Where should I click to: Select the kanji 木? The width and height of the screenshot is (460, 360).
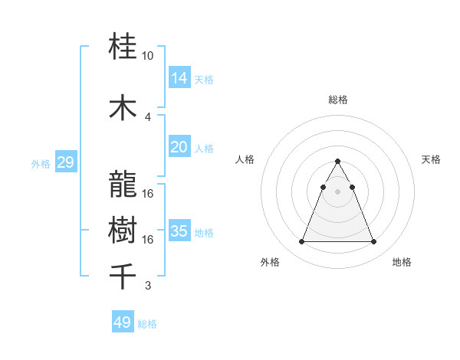[123, 108]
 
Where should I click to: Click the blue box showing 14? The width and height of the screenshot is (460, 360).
[179, 78]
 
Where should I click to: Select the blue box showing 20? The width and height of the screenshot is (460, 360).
[179, 147]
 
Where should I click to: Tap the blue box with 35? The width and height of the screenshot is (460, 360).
[179, 231]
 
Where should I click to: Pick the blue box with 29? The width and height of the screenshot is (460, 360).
[65, 162]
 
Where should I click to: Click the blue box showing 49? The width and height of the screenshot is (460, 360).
[123, 322]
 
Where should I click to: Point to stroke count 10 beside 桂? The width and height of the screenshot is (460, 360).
[148, 56]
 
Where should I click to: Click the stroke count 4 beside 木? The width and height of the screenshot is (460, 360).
[148, 116]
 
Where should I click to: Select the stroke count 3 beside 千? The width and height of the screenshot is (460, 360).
[148, 286]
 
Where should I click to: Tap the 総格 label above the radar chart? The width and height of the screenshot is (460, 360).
[337, 100]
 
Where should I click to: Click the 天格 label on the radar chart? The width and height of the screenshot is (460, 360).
[431, 159]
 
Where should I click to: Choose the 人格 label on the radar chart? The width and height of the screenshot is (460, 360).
[245, 159]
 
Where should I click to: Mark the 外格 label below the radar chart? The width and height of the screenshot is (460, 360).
[270, 262]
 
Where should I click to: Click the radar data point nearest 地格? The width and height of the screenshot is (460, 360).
[373, 242]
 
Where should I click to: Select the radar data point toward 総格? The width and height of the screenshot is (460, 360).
[337, 162]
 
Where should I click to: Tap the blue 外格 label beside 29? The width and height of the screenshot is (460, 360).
[41, 163]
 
